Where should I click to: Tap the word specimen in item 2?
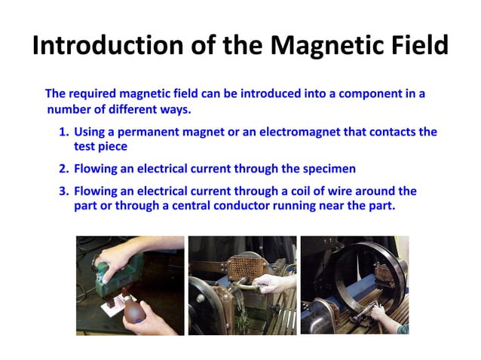tap(329, 169)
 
